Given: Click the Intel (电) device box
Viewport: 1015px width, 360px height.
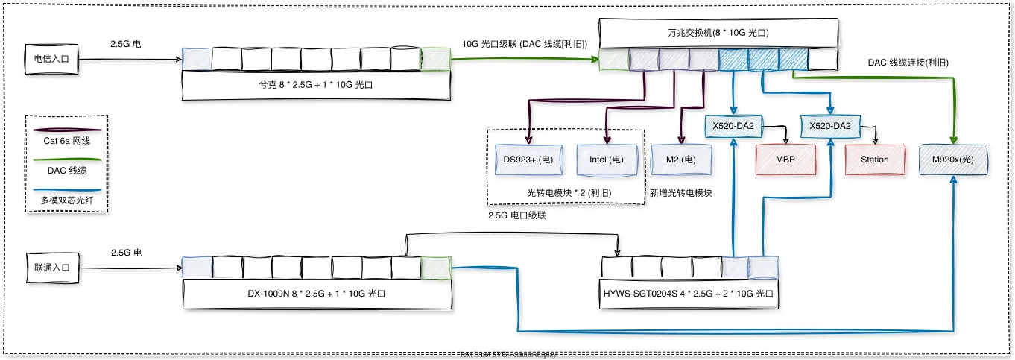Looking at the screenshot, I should coord(607,160).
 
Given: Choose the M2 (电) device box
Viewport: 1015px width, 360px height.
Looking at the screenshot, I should coord(680,160).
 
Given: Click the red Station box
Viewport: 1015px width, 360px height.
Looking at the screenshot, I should coord(875,160).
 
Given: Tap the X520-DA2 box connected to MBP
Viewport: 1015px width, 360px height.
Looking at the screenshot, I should coord(734,127).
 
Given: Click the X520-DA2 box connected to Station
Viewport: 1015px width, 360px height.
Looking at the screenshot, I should coord(830,127).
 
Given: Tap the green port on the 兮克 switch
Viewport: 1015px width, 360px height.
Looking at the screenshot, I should coord(435,59).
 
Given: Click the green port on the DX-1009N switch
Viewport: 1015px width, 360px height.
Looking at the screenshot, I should coord(435,268).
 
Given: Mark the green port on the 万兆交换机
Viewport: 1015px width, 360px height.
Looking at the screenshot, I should coord(613,60).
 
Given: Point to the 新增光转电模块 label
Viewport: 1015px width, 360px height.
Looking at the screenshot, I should coord(681,193).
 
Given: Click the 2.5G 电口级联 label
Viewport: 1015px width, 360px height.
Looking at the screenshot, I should coord(517,215).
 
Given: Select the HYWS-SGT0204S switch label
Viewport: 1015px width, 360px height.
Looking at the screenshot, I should coord(689,294).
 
